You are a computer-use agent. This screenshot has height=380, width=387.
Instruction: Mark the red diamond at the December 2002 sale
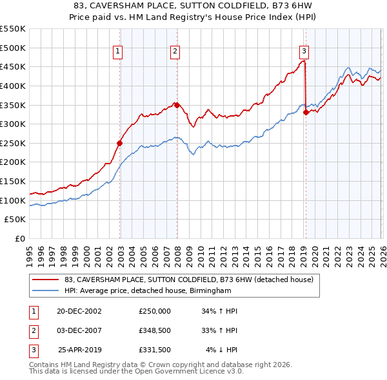120,143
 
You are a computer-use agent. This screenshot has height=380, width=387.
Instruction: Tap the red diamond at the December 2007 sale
177,105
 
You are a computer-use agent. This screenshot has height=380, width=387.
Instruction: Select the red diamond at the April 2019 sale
306,112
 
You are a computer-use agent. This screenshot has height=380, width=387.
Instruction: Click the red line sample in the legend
46,280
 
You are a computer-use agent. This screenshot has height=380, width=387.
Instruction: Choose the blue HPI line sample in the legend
46,290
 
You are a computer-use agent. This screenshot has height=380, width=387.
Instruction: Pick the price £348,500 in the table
155,330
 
